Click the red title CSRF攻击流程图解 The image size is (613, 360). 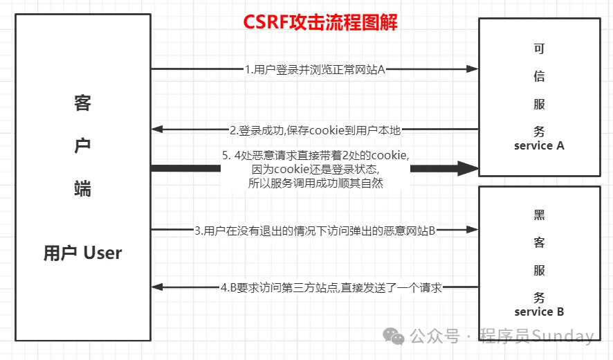(320, 22)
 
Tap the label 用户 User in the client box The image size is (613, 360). (82, 253)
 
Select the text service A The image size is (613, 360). (539, 146)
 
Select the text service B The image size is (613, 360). (539, 312)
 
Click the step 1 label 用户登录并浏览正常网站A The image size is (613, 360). (315, 69)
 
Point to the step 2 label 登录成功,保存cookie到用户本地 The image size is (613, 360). (315, 129)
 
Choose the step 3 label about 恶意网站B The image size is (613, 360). (315, 230)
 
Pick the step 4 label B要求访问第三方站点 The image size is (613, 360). (331, 287)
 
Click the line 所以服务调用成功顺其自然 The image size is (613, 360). (315, 183)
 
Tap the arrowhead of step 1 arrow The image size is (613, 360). (473, 69)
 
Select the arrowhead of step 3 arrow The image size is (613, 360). (473, 230)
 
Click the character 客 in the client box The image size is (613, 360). (82, 104)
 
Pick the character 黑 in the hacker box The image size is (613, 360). (539, 215)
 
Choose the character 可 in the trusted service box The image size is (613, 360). (539, 49)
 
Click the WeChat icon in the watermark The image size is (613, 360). (395, 336)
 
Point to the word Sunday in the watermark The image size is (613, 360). (563, 336)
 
